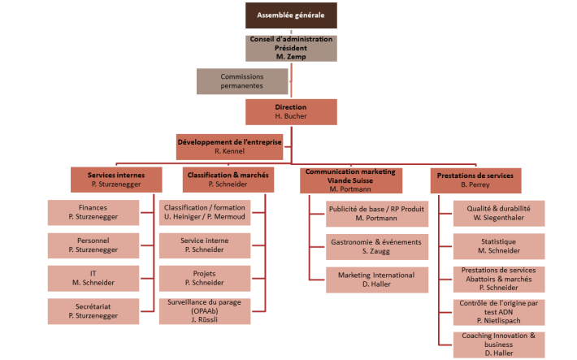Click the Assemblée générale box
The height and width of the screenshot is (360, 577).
[x=291, y=15]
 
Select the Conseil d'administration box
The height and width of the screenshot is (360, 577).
[x=291, y=48]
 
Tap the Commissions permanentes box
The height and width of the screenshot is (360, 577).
[x=242, y=81]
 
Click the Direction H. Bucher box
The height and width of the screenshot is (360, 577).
[x=291, y=111]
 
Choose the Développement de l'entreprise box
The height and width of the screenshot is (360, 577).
[x=229, y=145]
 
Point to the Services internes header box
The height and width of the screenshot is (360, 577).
[x=116, y=180]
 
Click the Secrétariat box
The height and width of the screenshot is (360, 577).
[x=93, y=310]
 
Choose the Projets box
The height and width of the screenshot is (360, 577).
[x=204, y=278]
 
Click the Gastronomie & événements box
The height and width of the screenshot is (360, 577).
[x=375, y=246]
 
